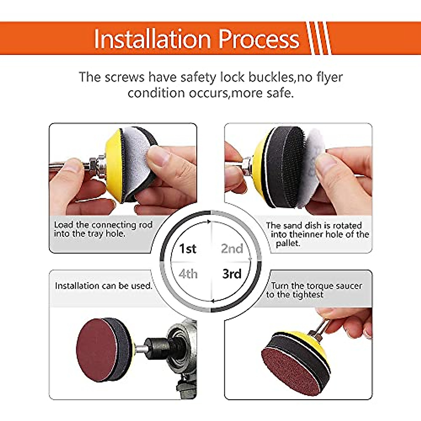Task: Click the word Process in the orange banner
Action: pos(259,39)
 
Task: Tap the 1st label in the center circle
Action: pos(188,249)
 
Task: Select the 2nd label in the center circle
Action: pos(232,249)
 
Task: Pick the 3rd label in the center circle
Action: pos(232,274)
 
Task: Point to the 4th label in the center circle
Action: pos(188,274)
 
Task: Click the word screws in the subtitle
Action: pos(124,77)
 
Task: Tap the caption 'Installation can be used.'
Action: pos(103,286)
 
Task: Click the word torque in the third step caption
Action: pos(319,286)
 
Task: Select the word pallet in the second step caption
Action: pos(288,243)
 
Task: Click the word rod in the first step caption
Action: pos(146,225)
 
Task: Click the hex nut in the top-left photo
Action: pos(93,164)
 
